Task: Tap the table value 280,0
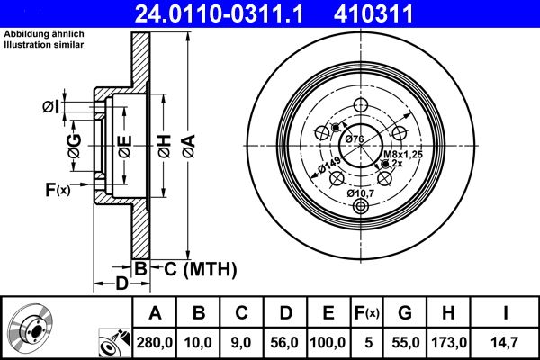coord(155,342)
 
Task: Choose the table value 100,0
coord(328,342)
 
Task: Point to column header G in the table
coord(404,313)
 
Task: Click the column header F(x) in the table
coord(366,313)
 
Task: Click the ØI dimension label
coord(50,108)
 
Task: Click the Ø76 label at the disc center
coord(355,139)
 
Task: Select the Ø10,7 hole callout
coord(362,192)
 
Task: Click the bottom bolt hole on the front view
coord(362,207)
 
